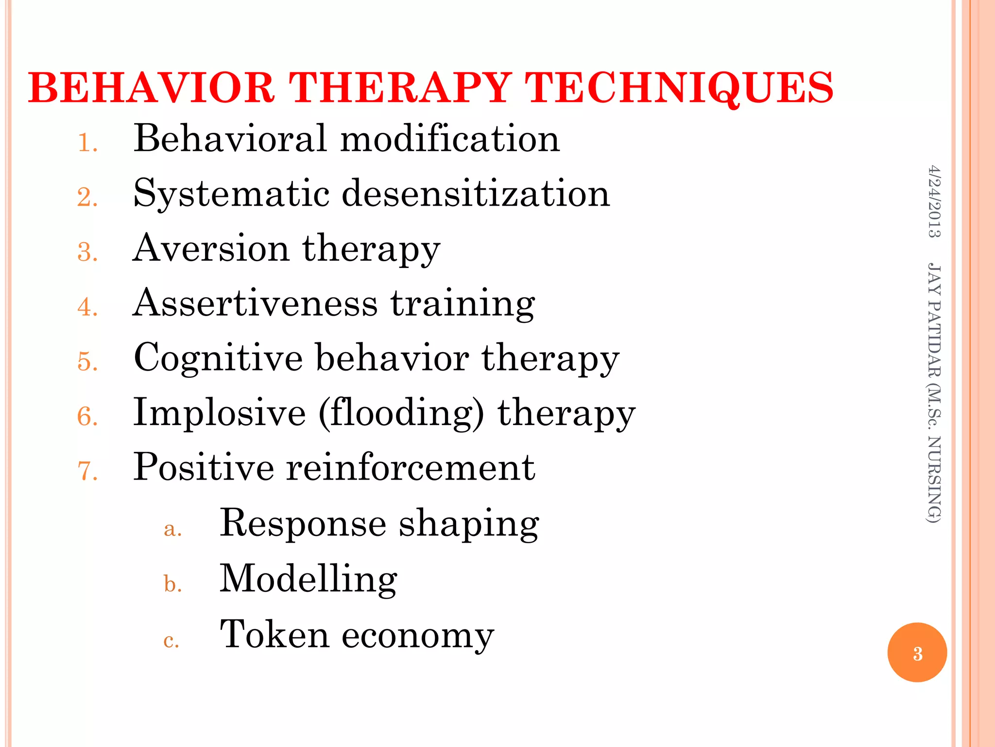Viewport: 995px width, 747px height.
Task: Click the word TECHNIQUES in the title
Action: point(680,88)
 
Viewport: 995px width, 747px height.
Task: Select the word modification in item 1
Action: point(450,139)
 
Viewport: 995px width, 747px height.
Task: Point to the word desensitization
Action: point(476,194)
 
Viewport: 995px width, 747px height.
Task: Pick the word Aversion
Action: point(211,249)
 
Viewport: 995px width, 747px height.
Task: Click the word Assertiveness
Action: point(255,303)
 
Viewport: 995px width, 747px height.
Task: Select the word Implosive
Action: point(220,413)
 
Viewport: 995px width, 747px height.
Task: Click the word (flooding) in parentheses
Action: point(401,413)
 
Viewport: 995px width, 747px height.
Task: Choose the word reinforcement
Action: point(410,467)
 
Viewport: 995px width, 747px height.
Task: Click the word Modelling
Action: point(309,579)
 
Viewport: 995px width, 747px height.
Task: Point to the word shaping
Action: point(469,524)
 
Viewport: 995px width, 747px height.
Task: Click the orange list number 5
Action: point(87,362)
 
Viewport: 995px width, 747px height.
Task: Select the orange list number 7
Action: point(87,471)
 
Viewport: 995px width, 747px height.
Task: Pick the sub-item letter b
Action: point(172,584)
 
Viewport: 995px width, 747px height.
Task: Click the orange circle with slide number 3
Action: point(917,653)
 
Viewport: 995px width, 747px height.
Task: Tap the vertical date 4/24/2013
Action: point(934,201)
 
